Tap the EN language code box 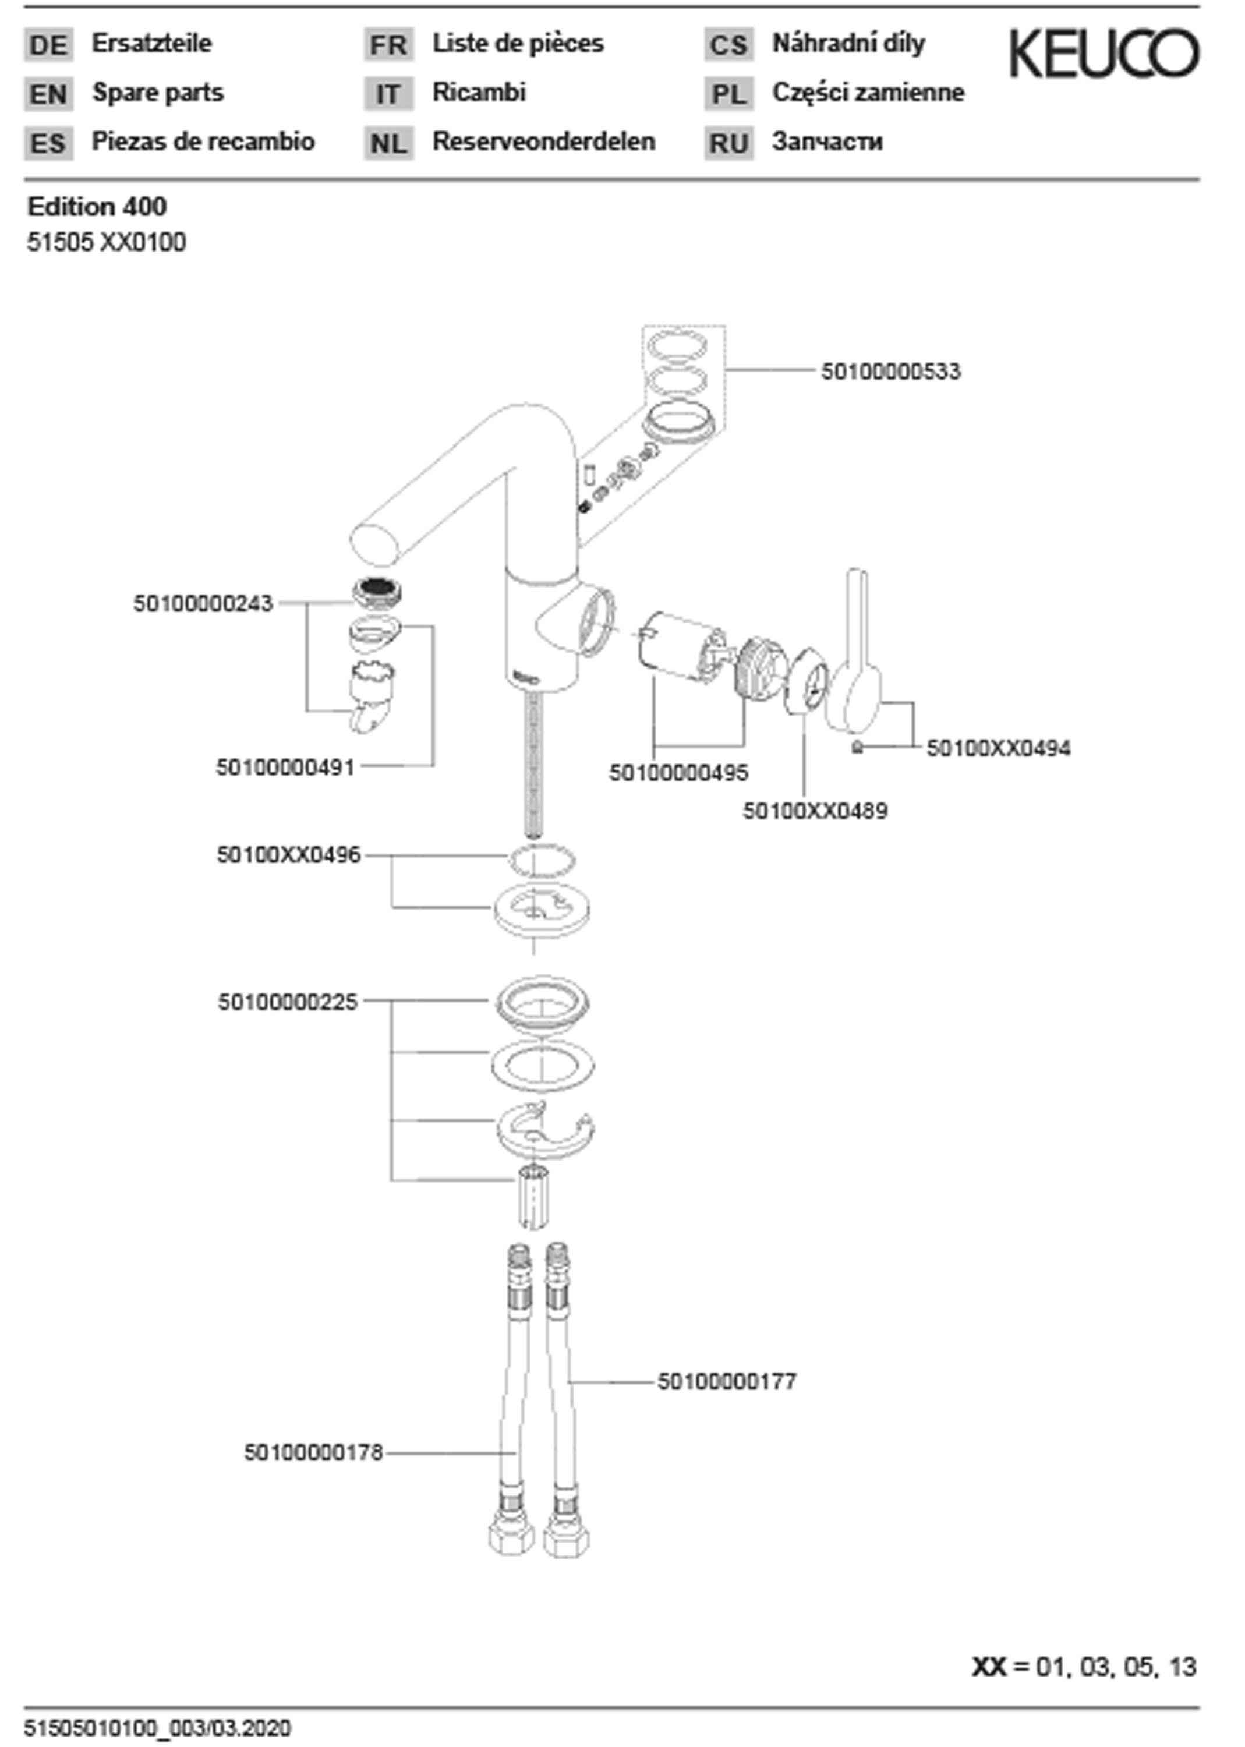click(x=48, y=94)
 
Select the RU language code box click(x=728, y=143)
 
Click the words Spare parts click(x=158, y=93)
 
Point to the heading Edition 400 click(x=97, y=206)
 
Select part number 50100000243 click(x=203, y=604)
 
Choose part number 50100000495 click(x=678, y=773)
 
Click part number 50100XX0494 click(x=998, y=748)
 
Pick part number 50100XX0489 click(x=815, y=811)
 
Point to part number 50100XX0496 click(x=288, y=855)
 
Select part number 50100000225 click(x=288, y=1002)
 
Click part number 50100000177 click(x=727, y=1381)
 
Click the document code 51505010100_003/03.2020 click(x=158, y=1728)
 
